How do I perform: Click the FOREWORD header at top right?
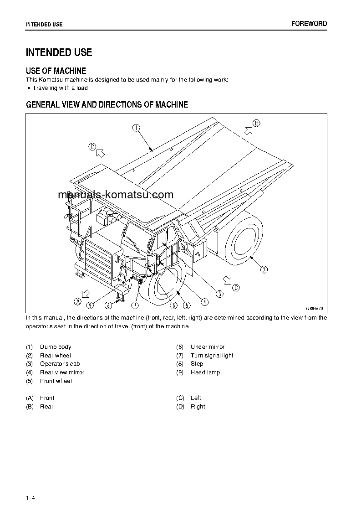pyautogui.click(x=309, y=24)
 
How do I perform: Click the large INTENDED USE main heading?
pyautogui.click(x=59, y=52)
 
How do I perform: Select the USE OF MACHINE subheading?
pyautogui.click(x=56, y=71)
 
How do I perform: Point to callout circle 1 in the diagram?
pyautogui.click(x=136, y=128)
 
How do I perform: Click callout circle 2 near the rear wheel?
pyautogui.click(x=264, y=269)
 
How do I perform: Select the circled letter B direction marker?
pyautogui.click(x=256, y=123)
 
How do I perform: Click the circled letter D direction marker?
pyautogui.click(x=92, y=146)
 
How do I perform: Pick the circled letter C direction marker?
pyautogui.click(x=235, y=287)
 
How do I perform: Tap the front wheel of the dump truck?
pyautogui.click(x=166, y=287)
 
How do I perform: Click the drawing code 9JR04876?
pyautogui.click(x=314, y=308)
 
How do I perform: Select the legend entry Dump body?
pyautogui.click(x=56, y=347)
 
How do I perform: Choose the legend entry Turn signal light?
pyautogui.click(x=212, y=356)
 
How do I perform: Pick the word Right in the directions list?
pyautogui.click(x=198, y=407)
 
